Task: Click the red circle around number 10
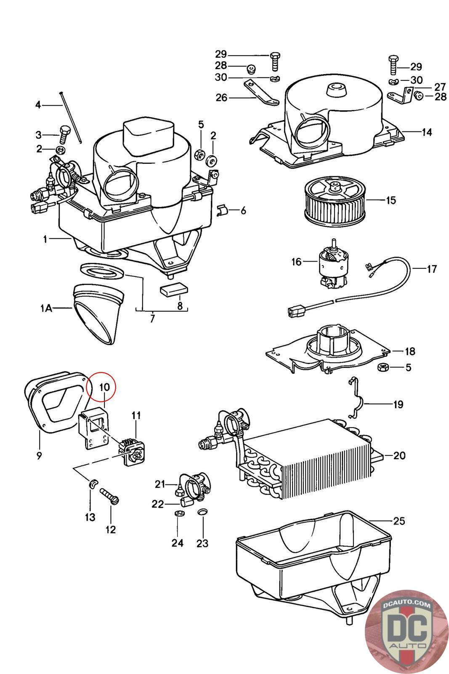(101, 387)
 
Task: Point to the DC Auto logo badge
(406, 632)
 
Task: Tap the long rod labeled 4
(71, 118)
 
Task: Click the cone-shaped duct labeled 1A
(98, 314)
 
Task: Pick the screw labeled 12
(109, 496)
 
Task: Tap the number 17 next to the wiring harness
(432, 269)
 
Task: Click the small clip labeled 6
(223, 210)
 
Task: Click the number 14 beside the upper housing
(427, 132)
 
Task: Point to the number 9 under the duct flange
(39, 455)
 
